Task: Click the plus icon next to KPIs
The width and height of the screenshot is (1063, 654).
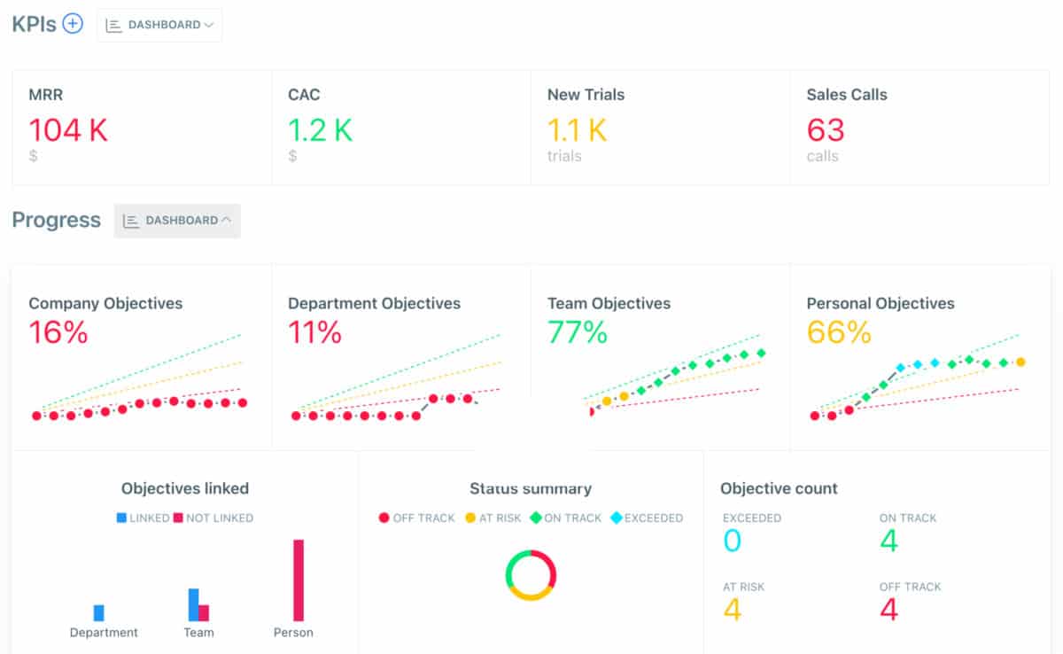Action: click(73, 24)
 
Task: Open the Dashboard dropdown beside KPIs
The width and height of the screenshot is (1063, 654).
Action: click(159, 25)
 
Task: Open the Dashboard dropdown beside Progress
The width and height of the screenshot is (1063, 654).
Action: click(177, 221)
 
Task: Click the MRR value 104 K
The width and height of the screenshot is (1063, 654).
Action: click(68, 130)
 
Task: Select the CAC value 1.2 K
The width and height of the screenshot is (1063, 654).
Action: click(320, 130)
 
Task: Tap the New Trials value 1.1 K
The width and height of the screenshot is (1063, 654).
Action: click(577, 130)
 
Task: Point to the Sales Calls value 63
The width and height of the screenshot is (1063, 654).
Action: click(826, 130)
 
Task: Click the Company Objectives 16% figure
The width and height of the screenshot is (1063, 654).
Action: click(58, 332)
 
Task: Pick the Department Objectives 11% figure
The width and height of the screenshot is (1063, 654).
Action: click(314, 332)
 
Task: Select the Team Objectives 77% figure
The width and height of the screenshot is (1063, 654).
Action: click(578, 332)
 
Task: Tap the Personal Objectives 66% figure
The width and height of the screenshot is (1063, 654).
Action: click(839, 332)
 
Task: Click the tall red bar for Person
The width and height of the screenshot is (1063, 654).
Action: click(299, 580)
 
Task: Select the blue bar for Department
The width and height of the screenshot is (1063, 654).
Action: click(99, 612)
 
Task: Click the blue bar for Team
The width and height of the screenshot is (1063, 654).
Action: click(193, 604)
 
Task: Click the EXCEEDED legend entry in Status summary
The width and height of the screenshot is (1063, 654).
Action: click(647, 518)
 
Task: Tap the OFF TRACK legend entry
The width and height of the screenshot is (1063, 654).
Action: click(416, 518)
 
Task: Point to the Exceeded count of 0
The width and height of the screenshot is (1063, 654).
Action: click(732, 541)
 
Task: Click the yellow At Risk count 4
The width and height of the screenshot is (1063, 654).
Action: click(732, 610)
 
